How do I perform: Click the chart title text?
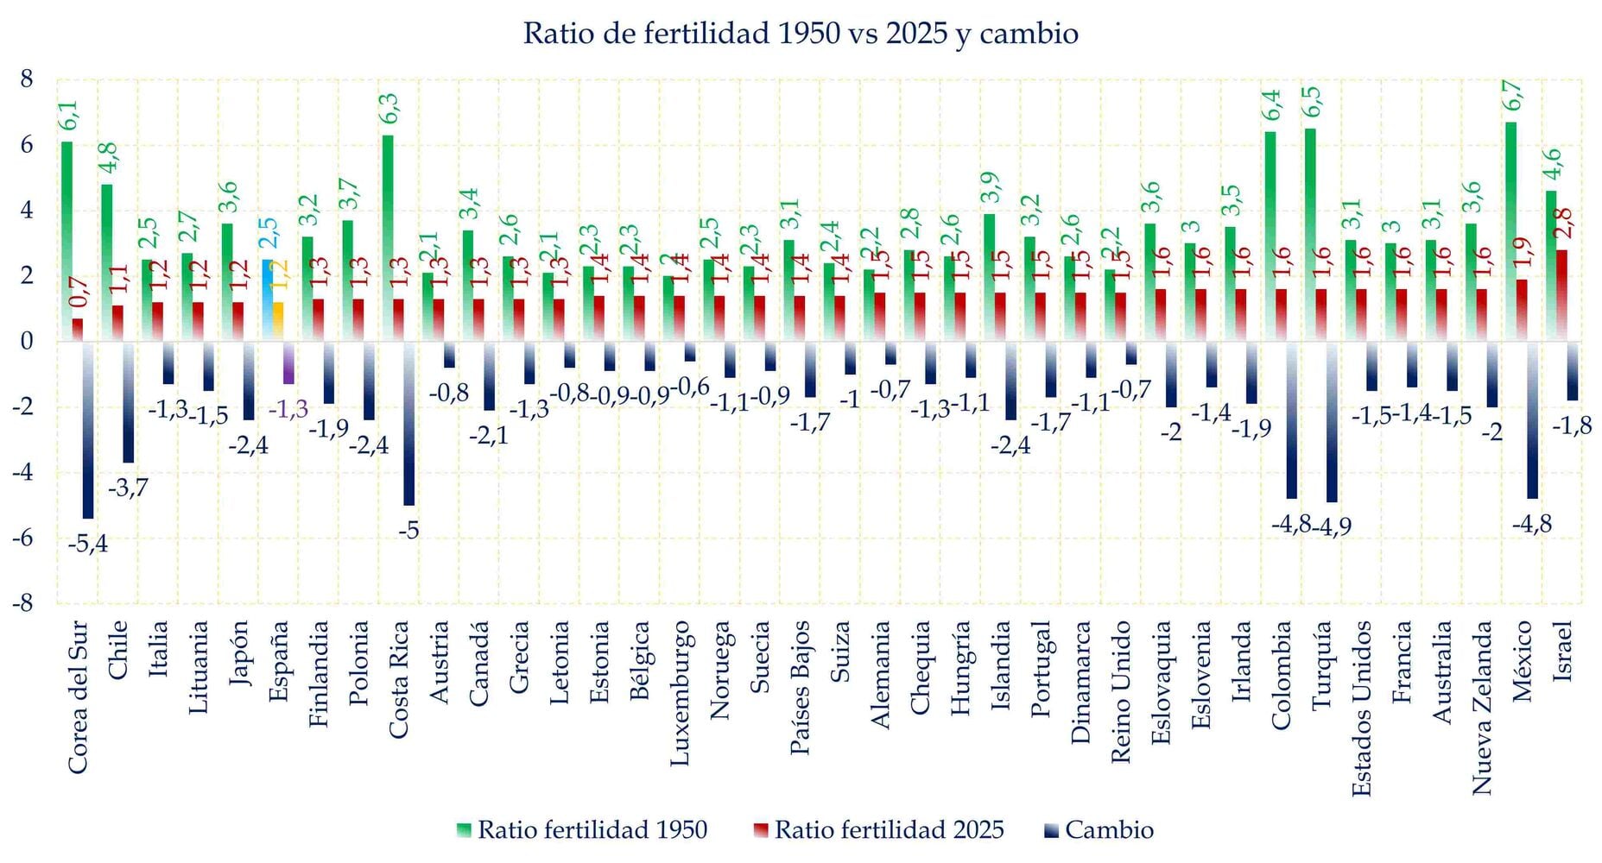click(801, 34)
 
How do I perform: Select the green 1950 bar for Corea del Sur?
click(66, 242)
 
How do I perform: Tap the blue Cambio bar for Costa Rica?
click(409, 423)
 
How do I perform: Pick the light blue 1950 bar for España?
click(268, 300)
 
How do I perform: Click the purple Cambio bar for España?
click(288, 362)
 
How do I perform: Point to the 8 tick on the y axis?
click(26, 79)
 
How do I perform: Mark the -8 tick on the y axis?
click(22, 602)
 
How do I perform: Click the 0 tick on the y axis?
click(26, 341)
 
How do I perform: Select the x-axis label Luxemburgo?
click(681, 692)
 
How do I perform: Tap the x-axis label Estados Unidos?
click(1362, 708)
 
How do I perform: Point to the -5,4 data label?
click(88, 544)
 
